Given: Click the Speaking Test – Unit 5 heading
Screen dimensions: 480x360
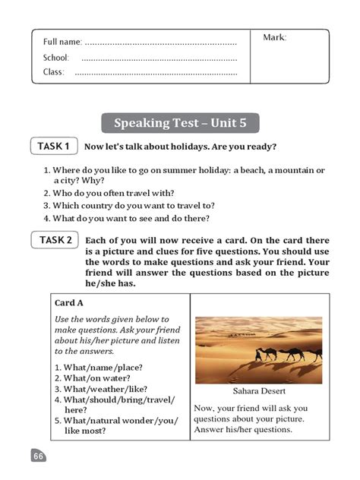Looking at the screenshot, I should [180, 123].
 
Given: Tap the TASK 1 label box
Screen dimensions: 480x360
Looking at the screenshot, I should [54, 146].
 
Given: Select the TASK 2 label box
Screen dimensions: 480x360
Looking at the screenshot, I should [56, 241].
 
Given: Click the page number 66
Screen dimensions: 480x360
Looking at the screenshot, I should [39, 456].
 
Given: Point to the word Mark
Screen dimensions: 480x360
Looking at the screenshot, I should [274, 37].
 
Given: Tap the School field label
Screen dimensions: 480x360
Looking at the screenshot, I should [56, 58].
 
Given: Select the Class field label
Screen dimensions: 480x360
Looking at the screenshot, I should [54, 73].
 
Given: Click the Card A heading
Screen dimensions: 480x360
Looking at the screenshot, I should [70, 302].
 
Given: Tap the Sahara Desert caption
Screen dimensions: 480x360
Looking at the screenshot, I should [261, 393].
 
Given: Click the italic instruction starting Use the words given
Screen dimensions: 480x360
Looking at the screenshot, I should [113, 335].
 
